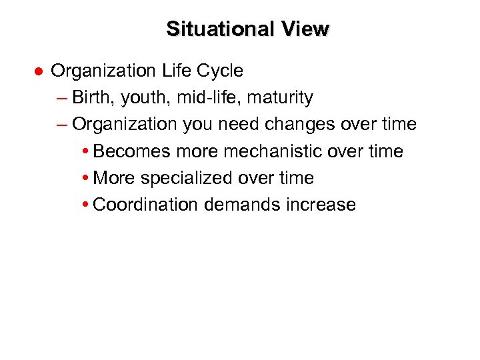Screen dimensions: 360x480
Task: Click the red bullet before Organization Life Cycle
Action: (39, 71)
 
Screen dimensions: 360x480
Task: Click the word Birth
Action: (93, 98)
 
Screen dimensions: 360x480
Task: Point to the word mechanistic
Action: (273, 151)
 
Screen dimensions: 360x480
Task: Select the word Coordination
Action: (146, 205)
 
